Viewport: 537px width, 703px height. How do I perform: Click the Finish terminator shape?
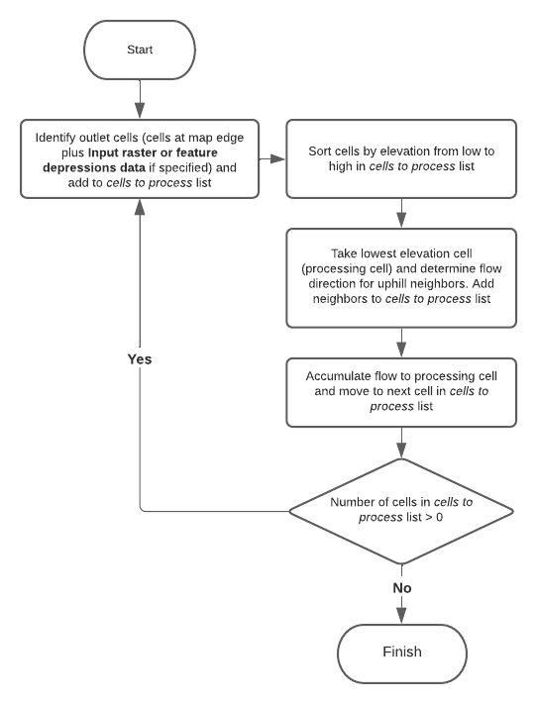coord(401,652)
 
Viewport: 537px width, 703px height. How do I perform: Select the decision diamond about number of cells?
coord(401,511)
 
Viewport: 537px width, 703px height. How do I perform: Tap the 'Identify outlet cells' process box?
coord(140,158)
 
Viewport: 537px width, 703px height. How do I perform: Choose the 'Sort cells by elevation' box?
coord(401,158)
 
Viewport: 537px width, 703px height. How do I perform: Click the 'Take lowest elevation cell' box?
coord(401,277)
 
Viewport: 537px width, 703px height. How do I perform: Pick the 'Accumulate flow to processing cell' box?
coord(401,392)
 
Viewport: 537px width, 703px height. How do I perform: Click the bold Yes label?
coord(140,359)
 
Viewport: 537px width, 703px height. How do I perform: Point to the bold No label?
coord(401,587)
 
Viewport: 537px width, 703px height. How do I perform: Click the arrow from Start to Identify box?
coord(140,96)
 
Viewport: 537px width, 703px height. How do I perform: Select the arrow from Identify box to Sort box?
coord(271,158)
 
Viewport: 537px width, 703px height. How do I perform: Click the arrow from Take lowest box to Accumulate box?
coord(401,342)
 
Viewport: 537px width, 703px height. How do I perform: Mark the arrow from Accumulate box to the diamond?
coord(401,442)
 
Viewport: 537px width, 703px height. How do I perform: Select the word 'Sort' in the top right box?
coord(320,150)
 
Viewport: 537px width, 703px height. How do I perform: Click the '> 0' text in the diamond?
coord(436,519)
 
